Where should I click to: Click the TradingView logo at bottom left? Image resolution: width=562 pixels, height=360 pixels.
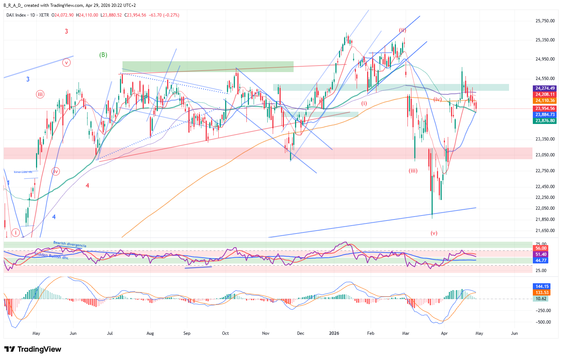tap(33, 349)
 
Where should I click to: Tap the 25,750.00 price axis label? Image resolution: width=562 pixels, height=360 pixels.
tap(545, 21)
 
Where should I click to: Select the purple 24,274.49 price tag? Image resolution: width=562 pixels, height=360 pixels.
tap(545, 88)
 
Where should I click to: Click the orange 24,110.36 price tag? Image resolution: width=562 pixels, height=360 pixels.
tap(545, 101)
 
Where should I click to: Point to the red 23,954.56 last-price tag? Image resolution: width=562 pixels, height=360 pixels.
tap(545, 108)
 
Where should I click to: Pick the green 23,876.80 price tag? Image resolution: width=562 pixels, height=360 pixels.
tap(545, 121)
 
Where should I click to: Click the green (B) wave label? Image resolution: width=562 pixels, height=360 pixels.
tap(103, 55)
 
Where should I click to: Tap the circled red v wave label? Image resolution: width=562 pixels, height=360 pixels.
tap(66, 63)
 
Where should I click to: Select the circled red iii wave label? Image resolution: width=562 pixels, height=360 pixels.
tap(40, 94)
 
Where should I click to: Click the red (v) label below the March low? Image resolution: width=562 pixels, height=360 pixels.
tap(434, 233)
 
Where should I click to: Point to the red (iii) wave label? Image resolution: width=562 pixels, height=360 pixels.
tap(413, 171)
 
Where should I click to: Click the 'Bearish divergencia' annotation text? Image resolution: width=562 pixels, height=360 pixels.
tap(70, 244)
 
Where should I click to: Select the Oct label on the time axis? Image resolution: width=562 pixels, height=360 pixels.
tap(226, 333)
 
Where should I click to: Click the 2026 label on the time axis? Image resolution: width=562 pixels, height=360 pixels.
tap(335, 333)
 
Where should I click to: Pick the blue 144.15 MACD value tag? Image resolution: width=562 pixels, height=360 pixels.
tap(541, 287)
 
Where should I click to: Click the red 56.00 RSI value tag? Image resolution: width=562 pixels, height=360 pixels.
tap(541, 248)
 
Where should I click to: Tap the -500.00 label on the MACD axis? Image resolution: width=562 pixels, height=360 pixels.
tap(544, 322)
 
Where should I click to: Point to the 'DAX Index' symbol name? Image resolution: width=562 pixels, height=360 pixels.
tap(16, 15)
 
